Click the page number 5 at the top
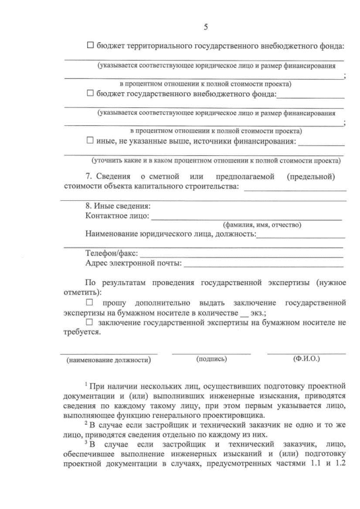coord(206,27)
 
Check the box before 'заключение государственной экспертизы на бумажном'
coord(89,322)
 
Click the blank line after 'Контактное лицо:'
coord(246,218)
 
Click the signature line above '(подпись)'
coord(211,353)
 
